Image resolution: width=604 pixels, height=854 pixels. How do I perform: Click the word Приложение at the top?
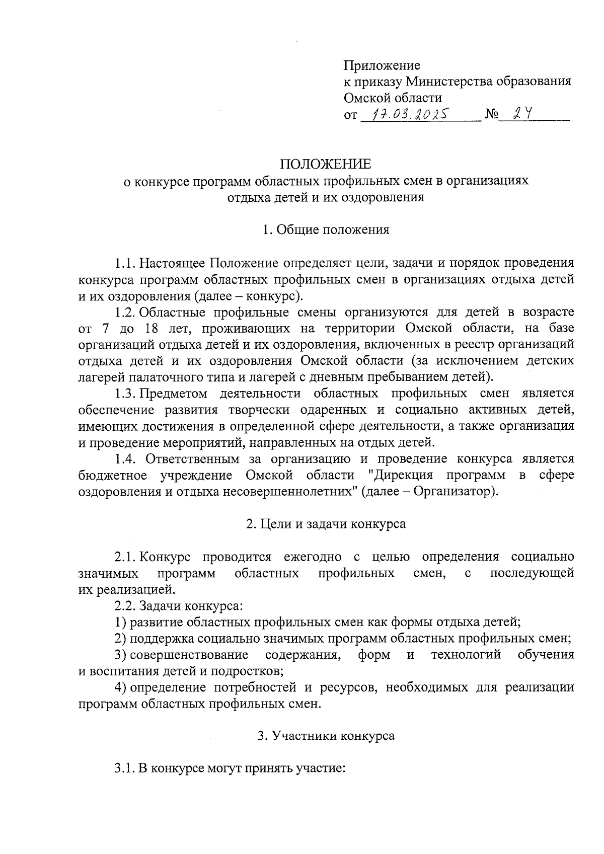pos(382,65)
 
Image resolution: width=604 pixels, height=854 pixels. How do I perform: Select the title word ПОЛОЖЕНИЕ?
pos(326,164)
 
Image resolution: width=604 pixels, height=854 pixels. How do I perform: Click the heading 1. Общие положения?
pos(326,230)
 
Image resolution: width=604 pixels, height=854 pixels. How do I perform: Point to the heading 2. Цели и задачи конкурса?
pos(326,523)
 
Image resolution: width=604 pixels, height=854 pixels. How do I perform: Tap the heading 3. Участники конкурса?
pos(326,736)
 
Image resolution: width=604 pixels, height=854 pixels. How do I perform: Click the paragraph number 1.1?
pos(125,263)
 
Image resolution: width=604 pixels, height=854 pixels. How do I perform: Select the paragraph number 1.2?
pos(125,312)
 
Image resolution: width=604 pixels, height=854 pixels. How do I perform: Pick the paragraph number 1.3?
pos(125,393)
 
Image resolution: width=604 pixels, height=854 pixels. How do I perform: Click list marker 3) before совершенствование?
pos(120,655)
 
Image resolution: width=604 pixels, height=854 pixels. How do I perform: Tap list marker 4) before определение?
pos(120,687)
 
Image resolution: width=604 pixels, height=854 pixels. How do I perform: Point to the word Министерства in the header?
pos(448,82)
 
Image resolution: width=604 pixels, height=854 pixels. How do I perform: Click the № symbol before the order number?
pos(492,115)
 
